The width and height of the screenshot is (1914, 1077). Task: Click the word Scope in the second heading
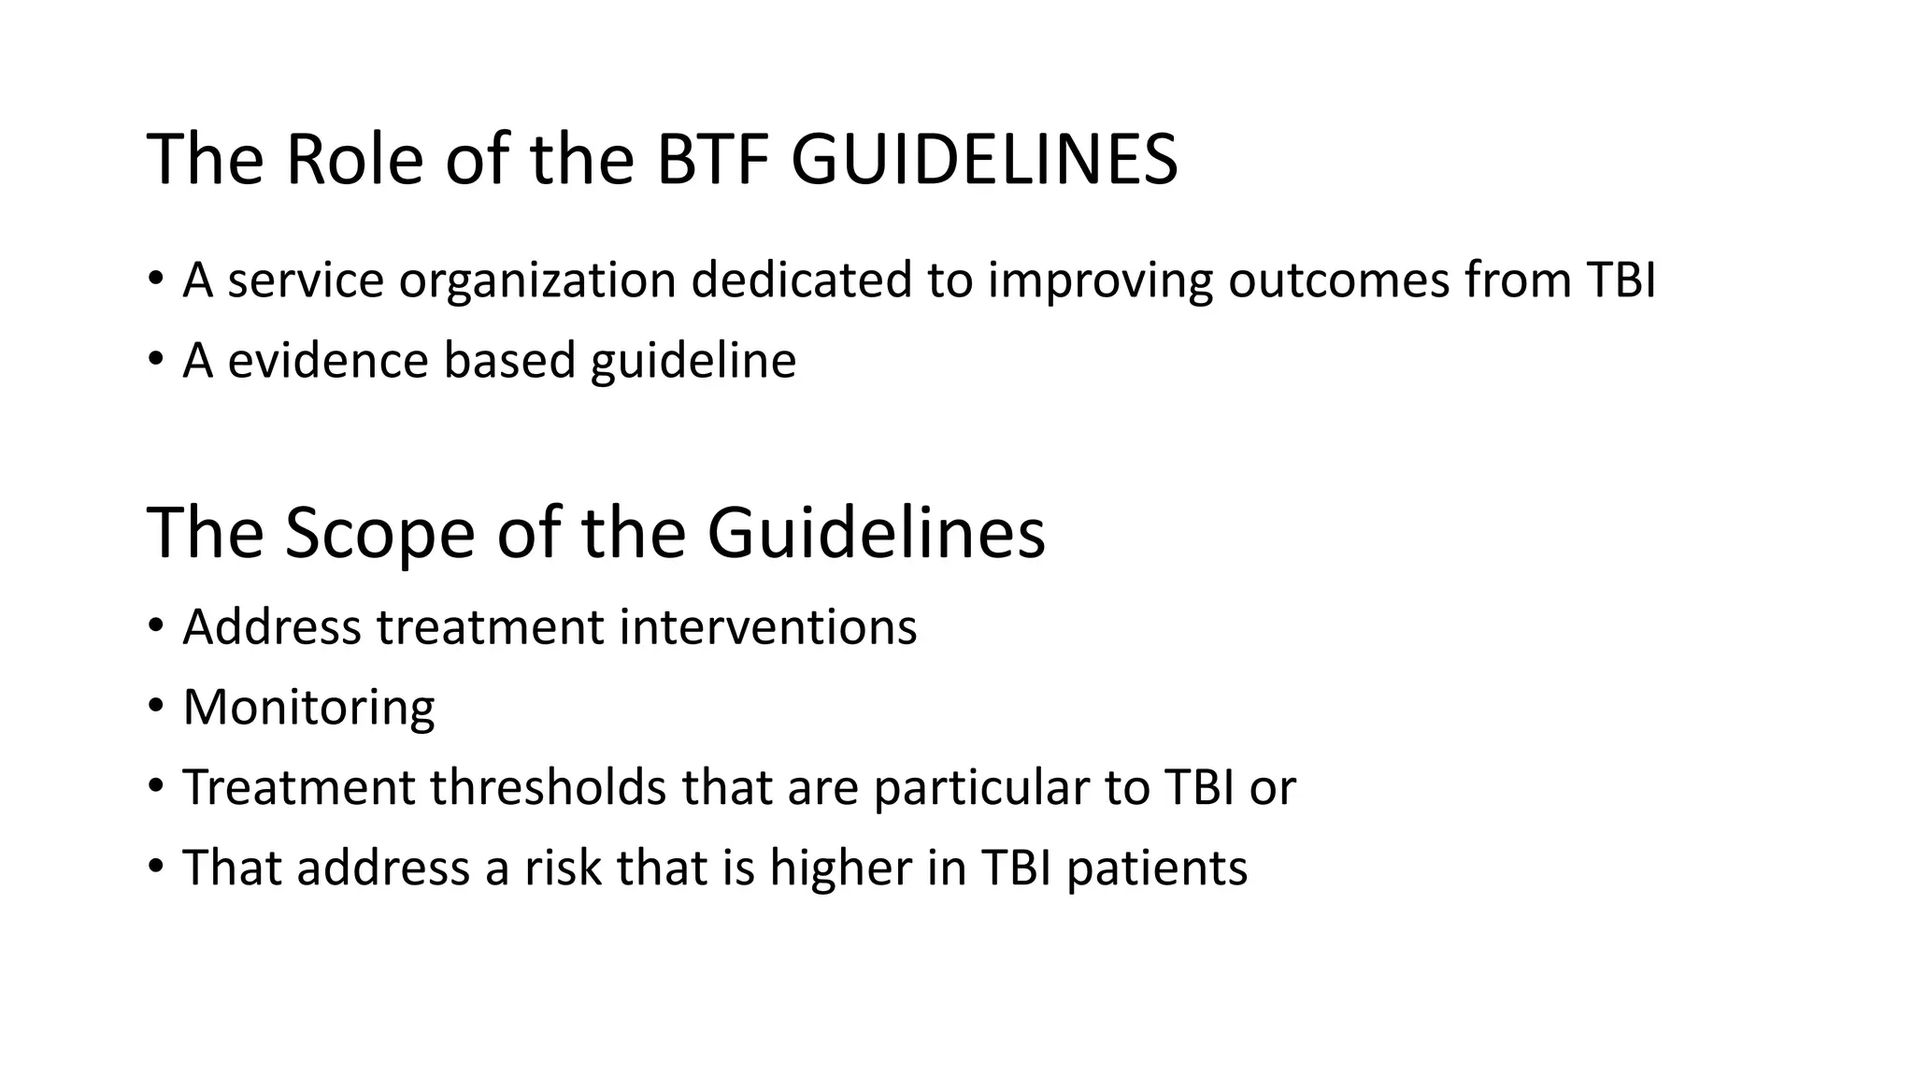coord(379,534)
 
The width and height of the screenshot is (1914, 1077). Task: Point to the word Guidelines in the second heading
coord(875,534)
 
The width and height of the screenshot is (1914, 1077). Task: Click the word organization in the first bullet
coord(537,280)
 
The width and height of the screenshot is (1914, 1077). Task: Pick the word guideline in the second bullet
coord(693,361)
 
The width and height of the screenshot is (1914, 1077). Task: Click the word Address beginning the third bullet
coord(272,627)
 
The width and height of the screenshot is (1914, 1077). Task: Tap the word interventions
coord(767,627)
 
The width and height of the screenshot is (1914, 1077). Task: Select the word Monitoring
coord(308,708)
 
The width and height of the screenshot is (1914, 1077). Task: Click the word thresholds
coord(548,787)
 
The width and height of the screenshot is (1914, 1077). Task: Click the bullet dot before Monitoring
coord(155,706)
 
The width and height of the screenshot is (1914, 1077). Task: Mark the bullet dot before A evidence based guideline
coord(155,359)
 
